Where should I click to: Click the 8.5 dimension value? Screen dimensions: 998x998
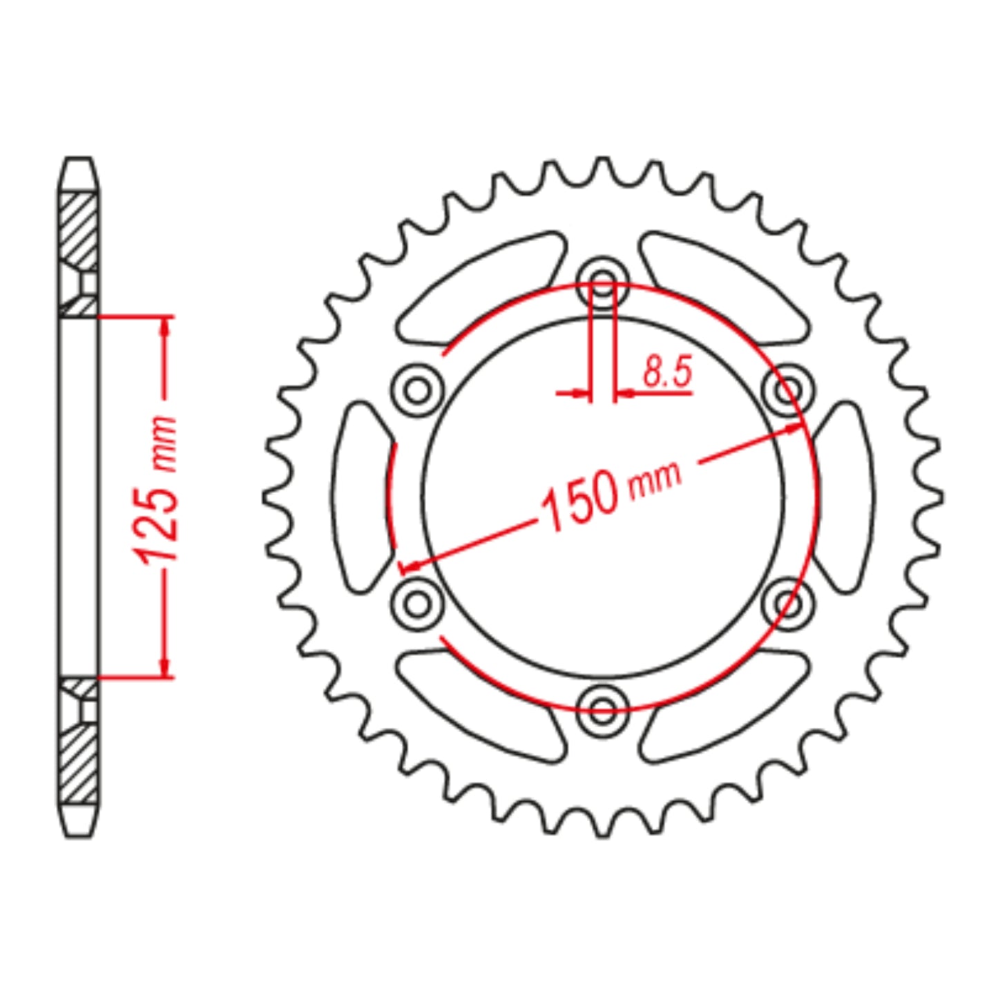[666, 373]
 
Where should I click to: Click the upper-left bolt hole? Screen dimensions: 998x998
[417, 391]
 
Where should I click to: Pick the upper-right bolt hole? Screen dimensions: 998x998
[788, 391]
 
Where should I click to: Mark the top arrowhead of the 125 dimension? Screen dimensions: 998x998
[165, 329]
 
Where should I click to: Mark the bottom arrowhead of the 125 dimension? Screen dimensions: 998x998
[165, 666]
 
